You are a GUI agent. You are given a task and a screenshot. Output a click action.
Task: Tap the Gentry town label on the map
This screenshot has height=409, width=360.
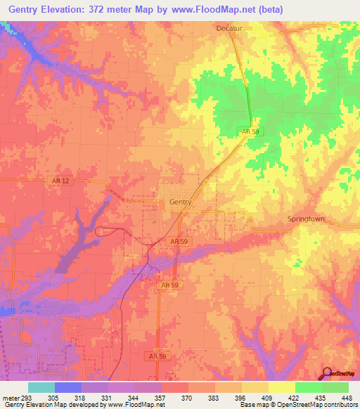(181, 202)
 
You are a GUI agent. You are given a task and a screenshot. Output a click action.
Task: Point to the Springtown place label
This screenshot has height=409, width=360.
(306, 219)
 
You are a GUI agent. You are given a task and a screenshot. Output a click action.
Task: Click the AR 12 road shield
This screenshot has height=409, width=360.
(60, 181)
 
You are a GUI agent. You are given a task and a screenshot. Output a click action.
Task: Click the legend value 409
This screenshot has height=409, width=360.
(257, 397)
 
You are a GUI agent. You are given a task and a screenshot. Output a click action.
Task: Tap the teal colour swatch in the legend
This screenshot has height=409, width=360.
(41, 387)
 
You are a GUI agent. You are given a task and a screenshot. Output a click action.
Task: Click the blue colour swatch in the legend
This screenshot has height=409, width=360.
(68, 387)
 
